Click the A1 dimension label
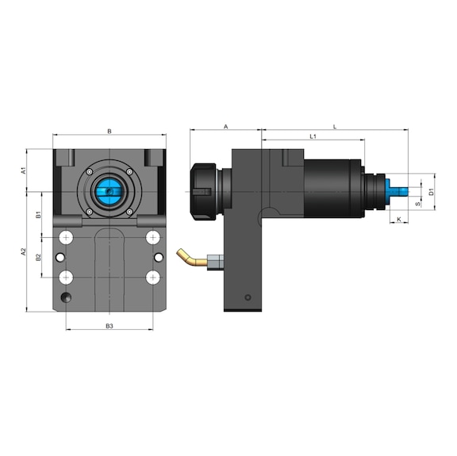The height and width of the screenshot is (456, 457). tap(25, 170)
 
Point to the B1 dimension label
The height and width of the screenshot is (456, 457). tap(38, 214)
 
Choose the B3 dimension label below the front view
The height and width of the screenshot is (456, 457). tap(109, 325)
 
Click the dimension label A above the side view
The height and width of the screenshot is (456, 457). tap(225, 126)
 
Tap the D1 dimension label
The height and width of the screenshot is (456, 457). tap(431, 191)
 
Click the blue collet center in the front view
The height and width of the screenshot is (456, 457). tap(109, 191)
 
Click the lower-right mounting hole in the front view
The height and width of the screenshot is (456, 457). tap(153, 277)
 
